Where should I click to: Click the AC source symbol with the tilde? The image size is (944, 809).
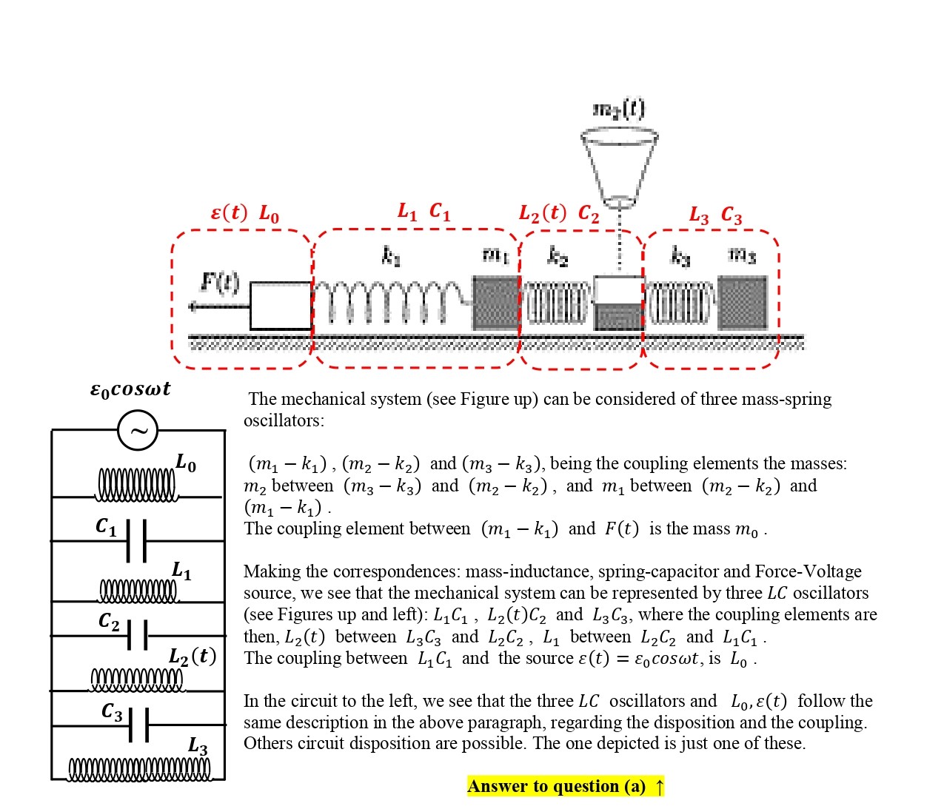[138, 430]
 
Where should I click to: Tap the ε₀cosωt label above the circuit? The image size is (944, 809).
[130, 389]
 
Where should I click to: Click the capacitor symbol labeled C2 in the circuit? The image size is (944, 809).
[137, 634]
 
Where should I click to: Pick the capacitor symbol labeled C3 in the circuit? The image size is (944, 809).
[138, 725]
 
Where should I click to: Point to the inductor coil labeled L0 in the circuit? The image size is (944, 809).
[137, 485]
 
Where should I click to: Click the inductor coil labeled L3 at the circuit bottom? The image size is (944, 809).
[139, 770]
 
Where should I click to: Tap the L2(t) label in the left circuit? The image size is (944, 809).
[192, 657]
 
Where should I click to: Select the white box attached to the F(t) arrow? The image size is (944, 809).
[281, 305]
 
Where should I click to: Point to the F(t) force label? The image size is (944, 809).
[220, 282]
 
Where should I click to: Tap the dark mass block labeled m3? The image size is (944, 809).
[743, 302]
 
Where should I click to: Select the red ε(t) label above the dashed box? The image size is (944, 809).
[229, 213]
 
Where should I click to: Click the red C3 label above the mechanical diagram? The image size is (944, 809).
[731, 215]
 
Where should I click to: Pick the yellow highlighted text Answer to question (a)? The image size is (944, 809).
[556, 786]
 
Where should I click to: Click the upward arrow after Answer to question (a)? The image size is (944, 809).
[659, 786]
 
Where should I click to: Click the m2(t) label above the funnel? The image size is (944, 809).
[619, 110]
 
